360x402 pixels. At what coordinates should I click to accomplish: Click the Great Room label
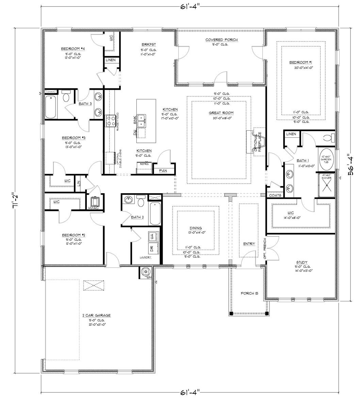218,113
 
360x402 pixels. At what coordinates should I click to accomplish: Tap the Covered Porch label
221,40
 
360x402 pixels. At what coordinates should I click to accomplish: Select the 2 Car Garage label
97,315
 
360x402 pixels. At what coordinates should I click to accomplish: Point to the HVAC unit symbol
95,202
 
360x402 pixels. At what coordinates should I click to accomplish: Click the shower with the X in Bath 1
327,186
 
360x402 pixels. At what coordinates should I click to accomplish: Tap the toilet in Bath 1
329,138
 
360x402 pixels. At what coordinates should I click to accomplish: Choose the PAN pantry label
164,170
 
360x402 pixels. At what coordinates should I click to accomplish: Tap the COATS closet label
275,195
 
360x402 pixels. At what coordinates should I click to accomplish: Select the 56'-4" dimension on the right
349,165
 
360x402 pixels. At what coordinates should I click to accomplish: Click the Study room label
301,262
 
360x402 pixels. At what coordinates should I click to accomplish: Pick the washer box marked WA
152,236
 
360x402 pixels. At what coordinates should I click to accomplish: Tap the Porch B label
247,293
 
